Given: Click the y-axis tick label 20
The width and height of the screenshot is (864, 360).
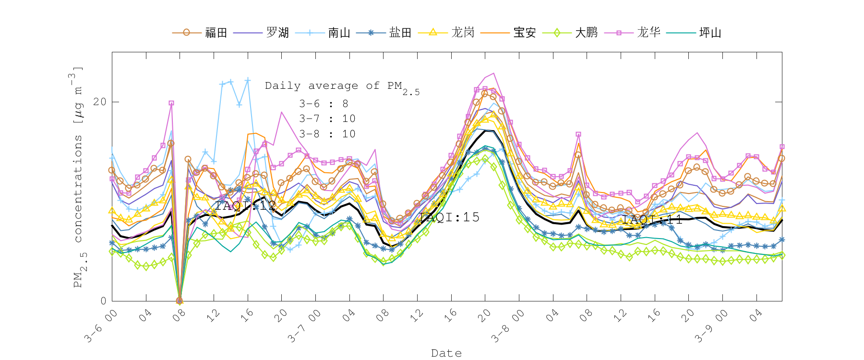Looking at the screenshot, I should (100, 102).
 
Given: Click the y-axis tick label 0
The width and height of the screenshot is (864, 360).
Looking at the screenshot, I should (103, 301).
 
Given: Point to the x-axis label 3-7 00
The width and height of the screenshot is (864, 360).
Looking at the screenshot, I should (303, 326).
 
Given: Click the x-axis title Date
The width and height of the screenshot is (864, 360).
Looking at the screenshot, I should (446, 353).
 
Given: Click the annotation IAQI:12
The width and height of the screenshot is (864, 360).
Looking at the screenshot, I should (245, 206).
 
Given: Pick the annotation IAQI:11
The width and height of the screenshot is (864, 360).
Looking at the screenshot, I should (652, 220).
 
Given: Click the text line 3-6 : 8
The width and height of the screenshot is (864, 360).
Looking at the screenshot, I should (324, 104).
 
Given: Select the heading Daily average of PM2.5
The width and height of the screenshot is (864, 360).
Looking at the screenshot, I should (342, 87).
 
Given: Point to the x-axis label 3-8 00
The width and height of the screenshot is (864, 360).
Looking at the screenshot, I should (507, 326).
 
